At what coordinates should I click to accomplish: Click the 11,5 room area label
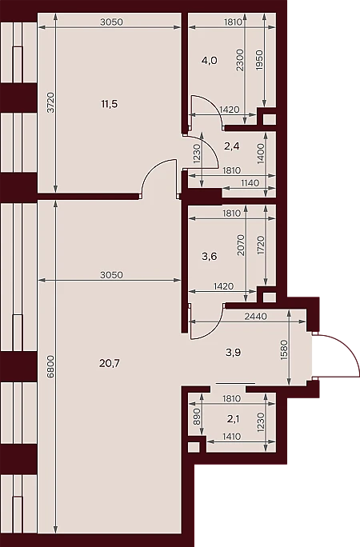(109, 104)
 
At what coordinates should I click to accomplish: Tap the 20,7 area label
(109, 364)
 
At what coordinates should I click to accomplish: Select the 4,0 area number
(210, 61)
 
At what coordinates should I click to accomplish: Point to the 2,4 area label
(232, 146)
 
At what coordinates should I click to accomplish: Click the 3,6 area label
(210, 257)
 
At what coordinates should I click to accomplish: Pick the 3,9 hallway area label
(233, 353)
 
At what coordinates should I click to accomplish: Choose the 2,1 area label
(233, 419)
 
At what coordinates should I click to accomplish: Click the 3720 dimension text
(50, 102)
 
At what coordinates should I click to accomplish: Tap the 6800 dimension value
(50, 366)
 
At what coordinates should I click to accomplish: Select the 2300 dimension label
(240, 60)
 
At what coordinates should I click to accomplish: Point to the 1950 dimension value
(259, 60)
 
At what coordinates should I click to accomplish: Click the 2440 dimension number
(256, 317)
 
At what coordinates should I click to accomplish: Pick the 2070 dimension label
(241, 245)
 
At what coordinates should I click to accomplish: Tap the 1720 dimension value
(260, 245)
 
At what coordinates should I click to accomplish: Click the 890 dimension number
(196, 416)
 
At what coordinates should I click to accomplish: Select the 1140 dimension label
(250, 183)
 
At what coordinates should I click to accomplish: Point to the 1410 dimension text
(231, 437)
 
